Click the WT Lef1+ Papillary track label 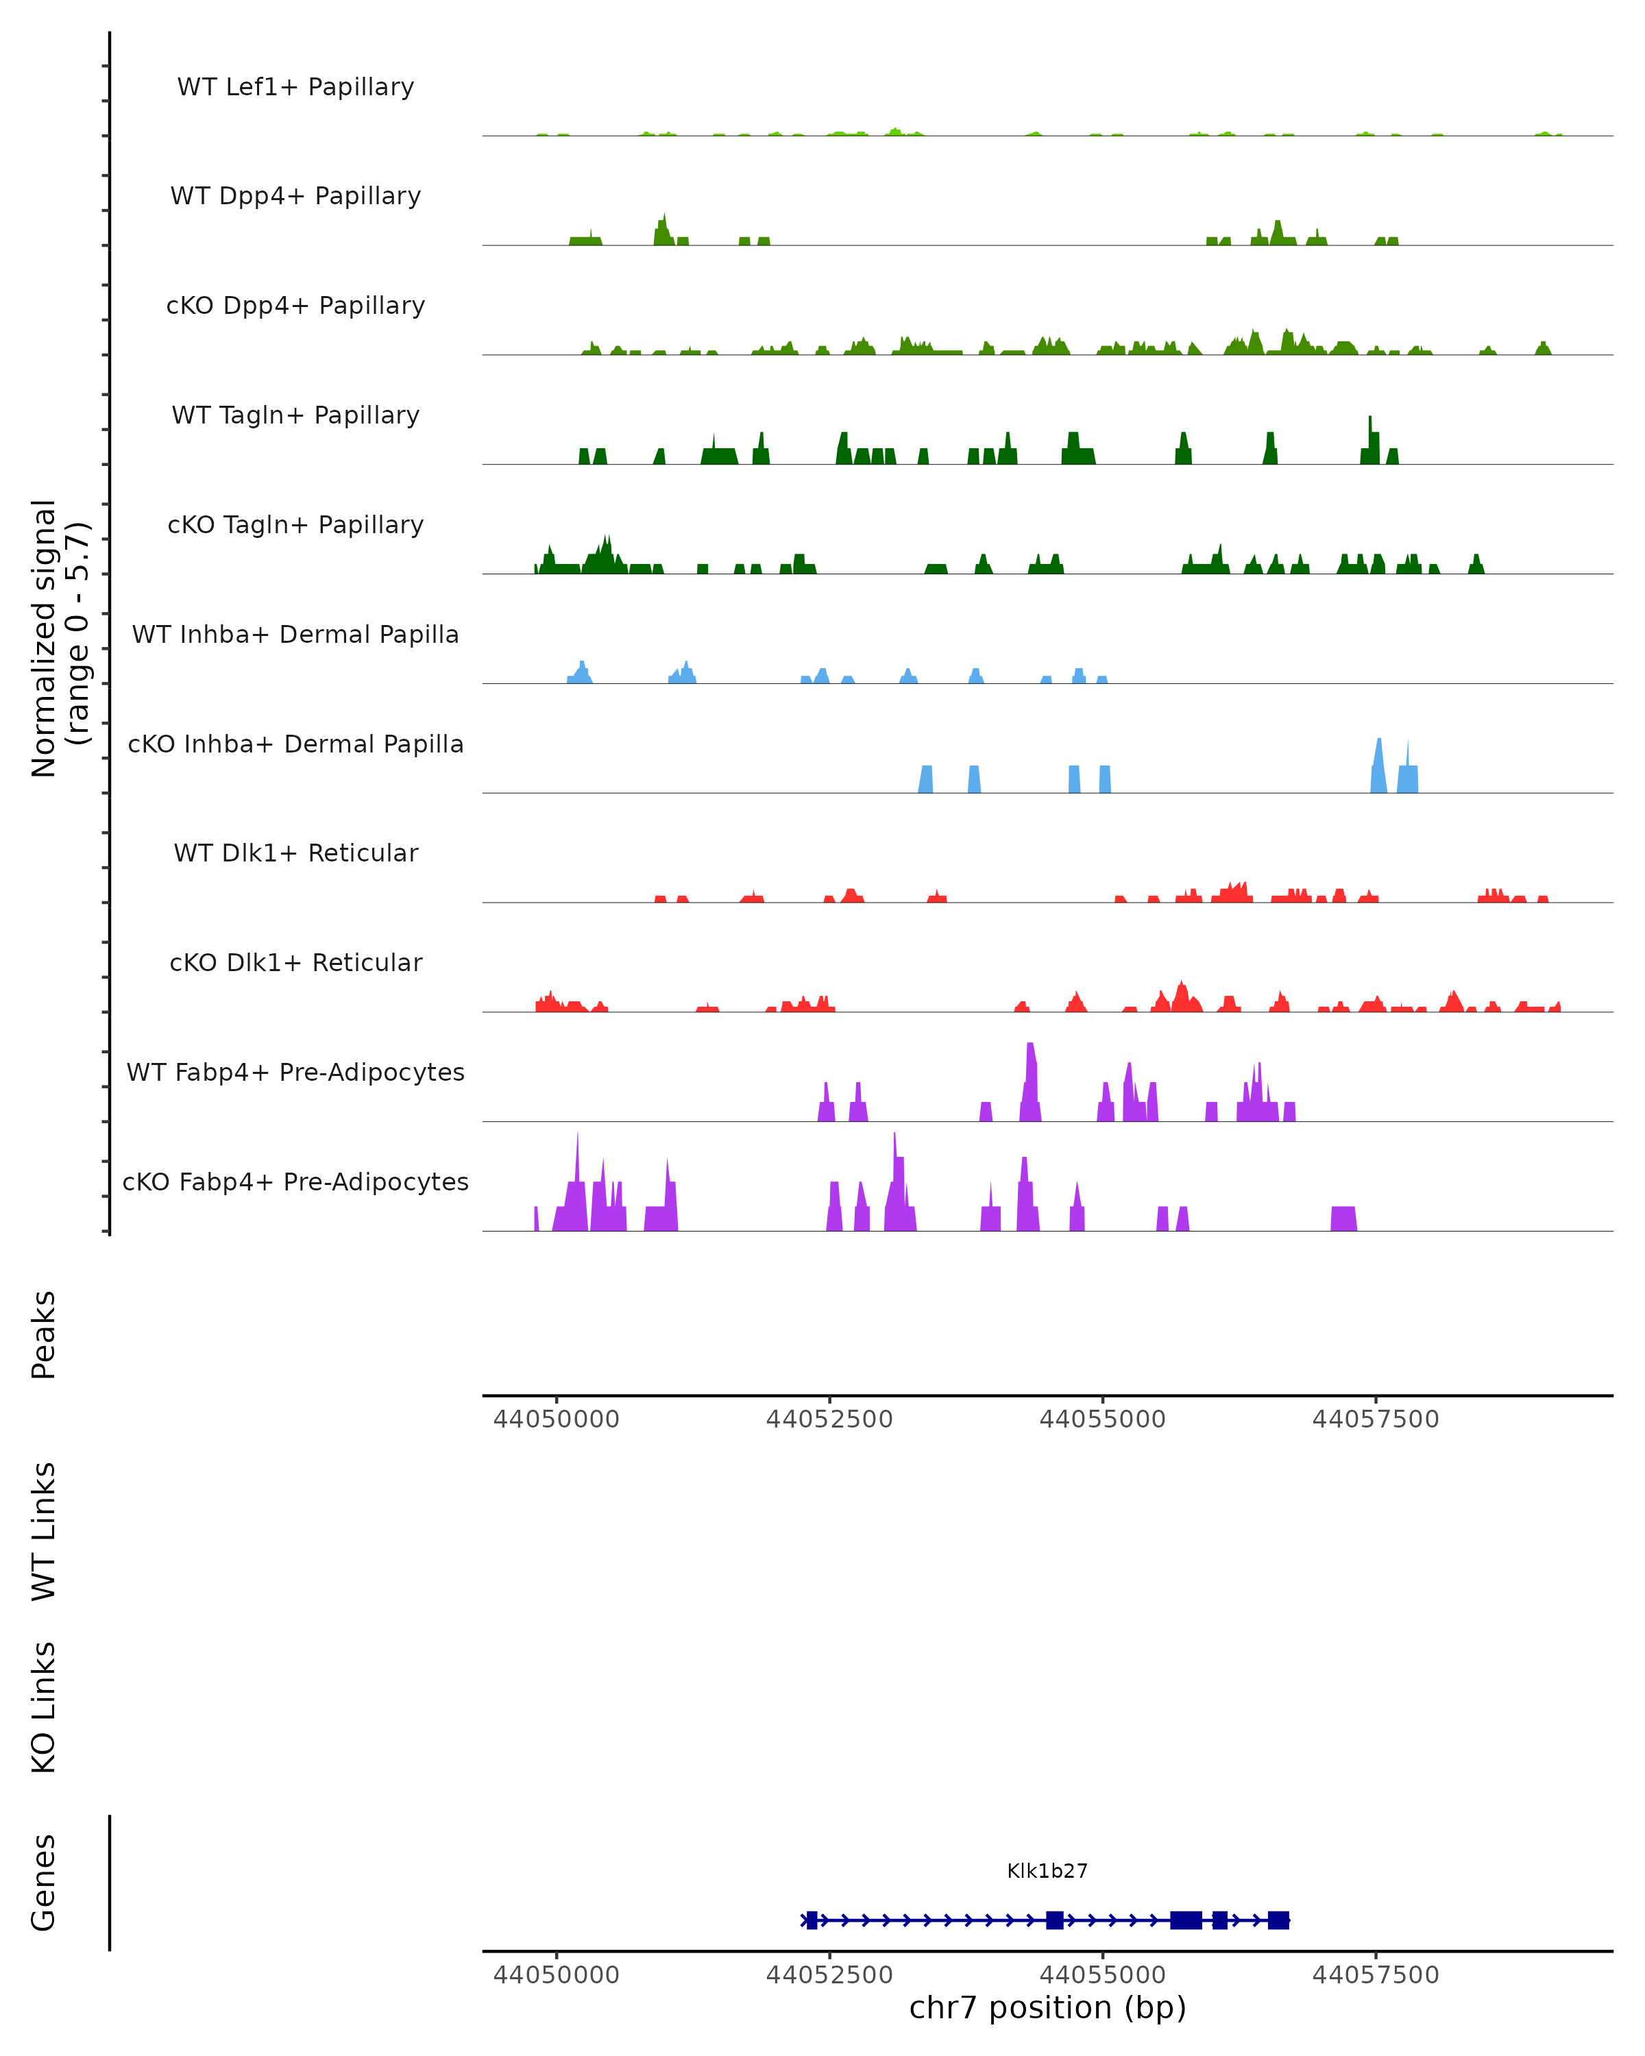click(295, 87)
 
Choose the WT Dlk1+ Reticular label click(295, 853)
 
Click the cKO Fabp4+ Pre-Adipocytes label click(295, 1182)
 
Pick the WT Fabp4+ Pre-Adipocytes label click(295, 1072)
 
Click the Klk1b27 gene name click(1047, 1871)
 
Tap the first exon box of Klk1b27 click(812, 1920)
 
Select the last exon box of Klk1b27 click(1278, 1920)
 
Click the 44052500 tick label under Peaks click(829, 1419)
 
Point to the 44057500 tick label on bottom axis click(1375, 1975)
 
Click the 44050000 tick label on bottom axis click(556, 1975)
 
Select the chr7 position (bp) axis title click(1047, 2008)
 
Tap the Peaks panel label click(43, 1334)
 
